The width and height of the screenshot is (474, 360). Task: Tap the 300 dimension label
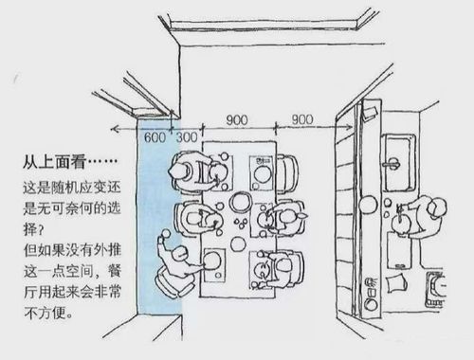click(187, 136)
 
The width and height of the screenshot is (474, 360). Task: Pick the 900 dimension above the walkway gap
click(302, 120)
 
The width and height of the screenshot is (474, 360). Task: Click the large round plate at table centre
click(241, 203)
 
